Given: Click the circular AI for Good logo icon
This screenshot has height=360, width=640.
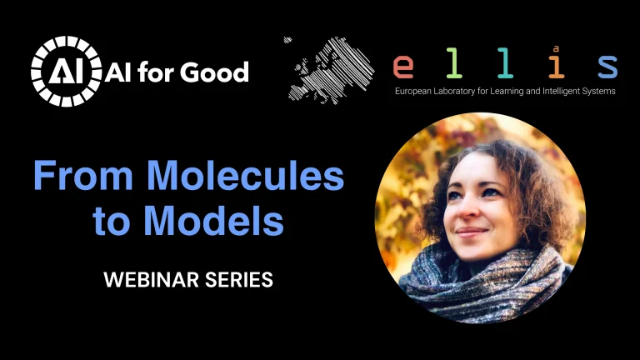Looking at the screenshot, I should pyautogui.click(x=65, y=72).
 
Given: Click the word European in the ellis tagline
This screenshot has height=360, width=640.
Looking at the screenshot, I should pyautogui.click(x=416, y=90).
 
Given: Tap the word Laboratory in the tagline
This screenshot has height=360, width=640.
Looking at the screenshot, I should pyautogui.click(x=462, y=90).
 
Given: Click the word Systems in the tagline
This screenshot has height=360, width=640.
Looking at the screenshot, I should pyautogui.click(x=601, y=90).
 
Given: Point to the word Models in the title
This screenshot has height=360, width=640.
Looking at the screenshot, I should pyautogui.click(x=213, y=221).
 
